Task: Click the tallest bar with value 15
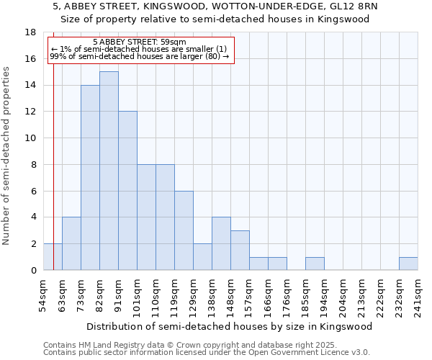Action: [x=109, y=171]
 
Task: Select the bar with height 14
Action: [x=90, y=178]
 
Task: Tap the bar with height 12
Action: [x=127, y=191]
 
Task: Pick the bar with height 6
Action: [x=184, y=230]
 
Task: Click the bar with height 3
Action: [x=240, y=251]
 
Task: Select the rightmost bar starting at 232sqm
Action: [x=408, y=264]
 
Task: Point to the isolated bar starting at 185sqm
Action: [x=315, y=264]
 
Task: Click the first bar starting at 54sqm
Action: [x=53, y=257]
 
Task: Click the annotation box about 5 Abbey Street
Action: [x=140, y=49]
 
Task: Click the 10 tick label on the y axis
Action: [x=30, y=138]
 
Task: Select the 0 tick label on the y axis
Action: [x=33, y=270]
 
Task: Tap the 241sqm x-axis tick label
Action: [x=418, y=295]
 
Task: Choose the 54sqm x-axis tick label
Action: [x=44, y=295]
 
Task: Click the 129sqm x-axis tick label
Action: [x=194, y=295]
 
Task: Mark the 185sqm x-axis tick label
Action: [x=306, y=295]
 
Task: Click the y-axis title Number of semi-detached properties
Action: [x=7, y=156]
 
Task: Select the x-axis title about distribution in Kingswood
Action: [x=230, y=326]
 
